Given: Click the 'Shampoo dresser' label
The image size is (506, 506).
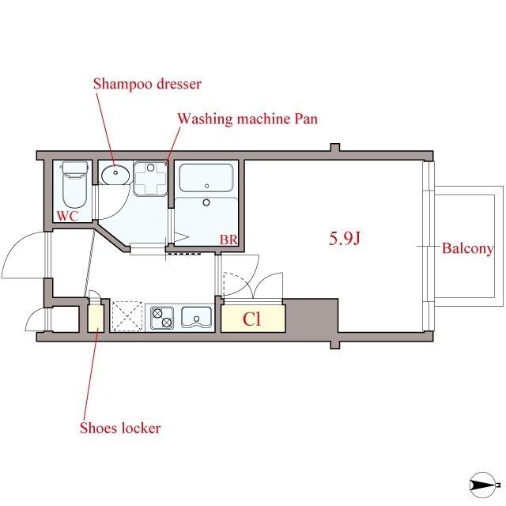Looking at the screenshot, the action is click(147, 85).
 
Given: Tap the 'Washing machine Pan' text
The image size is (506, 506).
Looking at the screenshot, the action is click(247, 119).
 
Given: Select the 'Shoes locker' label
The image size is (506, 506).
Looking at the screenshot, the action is click(120, 429).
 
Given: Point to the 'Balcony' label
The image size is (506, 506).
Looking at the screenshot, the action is click(467, 249).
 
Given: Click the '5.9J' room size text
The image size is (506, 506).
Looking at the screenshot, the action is click(345, 239).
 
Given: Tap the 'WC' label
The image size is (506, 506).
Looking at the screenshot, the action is click(67, 216).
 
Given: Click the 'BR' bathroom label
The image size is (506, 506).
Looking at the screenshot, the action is click(228, 240).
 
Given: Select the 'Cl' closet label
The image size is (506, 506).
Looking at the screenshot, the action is click(251, 319).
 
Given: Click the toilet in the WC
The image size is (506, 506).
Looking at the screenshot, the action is click(74, 185).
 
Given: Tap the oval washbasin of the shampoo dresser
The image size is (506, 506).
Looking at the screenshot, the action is click(115, 175).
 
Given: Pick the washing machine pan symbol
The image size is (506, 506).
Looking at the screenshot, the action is click(150, 179).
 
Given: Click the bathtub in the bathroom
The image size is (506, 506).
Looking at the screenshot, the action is click(206, 178).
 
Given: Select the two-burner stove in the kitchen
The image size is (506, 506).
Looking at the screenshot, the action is click(162, 318).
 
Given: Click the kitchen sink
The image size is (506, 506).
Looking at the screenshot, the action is click(196, 317).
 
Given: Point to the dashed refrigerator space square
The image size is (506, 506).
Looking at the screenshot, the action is click(127, 316).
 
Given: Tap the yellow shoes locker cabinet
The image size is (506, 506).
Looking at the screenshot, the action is click(96, 318).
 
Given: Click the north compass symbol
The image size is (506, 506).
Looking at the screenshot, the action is click(483, 485).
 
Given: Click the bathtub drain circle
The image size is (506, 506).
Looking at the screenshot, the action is click(206, 186).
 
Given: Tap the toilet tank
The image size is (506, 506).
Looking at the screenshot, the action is click(75, 168).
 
